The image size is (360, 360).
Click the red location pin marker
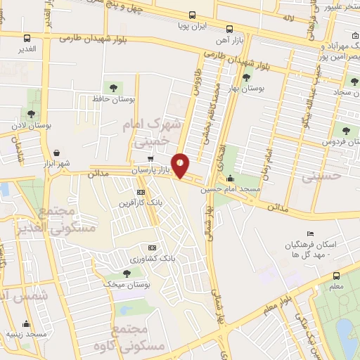[x=181, y=165]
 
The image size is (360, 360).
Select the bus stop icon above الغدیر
[x=27, y=39]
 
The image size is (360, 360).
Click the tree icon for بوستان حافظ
[x=113, y=86]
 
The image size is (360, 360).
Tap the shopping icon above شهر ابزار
[x=56, y=152]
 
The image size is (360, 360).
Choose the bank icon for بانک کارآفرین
[x=141, y=191]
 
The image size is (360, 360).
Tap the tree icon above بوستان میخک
[x=126, y=273]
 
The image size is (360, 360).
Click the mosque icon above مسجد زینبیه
[x=27, y=323]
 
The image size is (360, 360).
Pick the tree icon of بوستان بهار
[x=247, y=78]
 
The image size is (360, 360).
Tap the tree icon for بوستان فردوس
[x=345, y=129]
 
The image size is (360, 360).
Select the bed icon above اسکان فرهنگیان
[x=311, y=233]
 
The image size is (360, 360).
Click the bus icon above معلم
[x=336, y=276]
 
